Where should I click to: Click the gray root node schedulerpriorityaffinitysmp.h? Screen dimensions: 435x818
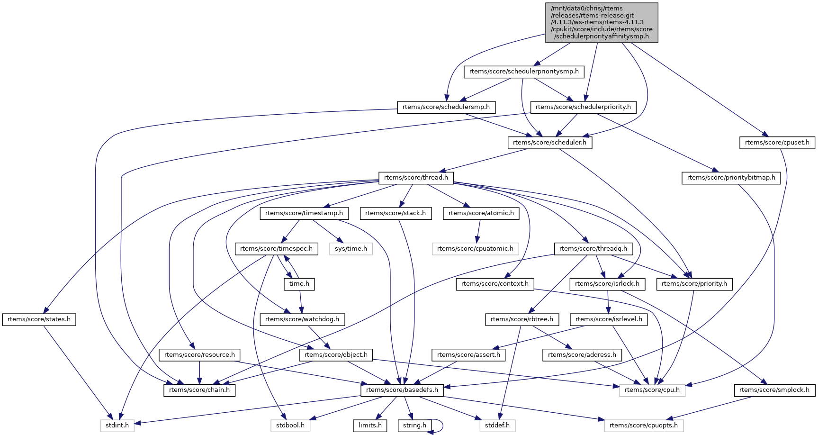point(602,22)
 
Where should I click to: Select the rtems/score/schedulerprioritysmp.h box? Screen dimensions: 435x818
point(524,72)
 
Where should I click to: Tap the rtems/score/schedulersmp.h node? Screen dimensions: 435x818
point(446,107)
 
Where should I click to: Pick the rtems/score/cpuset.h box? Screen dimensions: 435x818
point(777,142)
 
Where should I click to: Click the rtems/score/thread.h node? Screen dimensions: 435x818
point(416,178)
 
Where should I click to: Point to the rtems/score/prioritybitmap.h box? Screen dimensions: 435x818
point(731,178)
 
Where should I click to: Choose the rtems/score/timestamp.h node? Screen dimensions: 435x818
point(304,213)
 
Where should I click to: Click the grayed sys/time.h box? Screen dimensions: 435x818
point(351,249)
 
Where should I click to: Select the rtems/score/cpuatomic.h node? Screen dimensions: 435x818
point(475,249)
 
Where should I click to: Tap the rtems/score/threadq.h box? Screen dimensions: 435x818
point(593,249)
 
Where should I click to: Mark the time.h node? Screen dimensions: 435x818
point(299,284)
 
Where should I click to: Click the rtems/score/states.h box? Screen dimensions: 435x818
point(39,319)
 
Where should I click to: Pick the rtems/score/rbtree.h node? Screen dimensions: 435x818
point(522,319)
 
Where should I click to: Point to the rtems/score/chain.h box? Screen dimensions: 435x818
point(199,390)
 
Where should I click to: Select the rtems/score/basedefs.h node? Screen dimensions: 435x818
point(402,390)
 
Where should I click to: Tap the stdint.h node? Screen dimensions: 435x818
point(117,426)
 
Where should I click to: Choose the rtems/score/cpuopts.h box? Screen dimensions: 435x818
point(644,426)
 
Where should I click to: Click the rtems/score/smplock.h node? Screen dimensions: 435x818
point(774,390)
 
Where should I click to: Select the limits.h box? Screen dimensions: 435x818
point(370,426)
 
